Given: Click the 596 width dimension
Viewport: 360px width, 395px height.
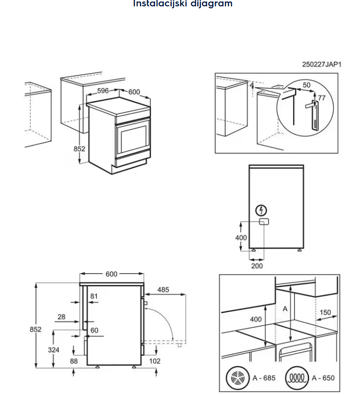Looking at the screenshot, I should pos(103,91).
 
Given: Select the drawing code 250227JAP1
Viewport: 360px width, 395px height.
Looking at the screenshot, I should pos(321,64).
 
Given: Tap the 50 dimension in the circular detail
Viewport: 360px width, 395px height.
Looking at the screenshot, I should pos(307,85).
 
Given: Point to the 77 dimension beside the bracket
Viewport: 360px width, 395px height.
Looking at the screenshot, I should pos(321,98).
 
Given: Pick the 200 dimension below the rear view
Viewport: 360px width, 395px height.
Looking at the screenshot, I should pos(257,266).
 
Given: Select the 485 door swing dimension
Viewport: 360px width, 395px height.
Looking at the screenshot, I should pos(163,290).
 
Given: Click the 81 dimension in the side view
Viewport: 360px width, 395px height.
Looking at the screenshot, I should pos(94,296).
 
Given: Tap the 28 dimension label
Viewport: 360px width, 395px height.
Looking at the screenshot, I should pos(61,317).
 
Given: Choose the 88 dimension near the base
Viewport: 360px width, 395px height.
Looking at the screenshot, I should pos(74,361).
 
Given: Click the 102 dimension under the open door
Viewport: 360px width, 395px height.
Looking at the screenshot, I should pos(155,361).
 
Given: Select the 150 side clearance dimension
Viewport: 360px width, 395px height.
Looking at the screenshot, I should pos(325,312).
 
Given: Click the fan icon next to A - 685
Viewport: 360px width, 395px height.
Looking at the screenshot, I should pos(237,378).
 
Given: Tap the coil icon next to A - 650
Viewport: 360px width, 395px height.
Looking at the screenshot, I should pos(297,378).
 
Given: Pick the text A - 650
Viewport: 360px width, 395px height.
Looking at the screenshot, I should pos(323,378).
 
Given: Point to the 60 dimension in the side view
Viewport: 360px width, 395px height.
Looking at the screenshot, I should pos(94,330).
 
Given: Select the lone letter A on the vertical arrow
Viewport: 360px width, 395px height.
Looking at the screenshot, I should pos(285,309).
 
